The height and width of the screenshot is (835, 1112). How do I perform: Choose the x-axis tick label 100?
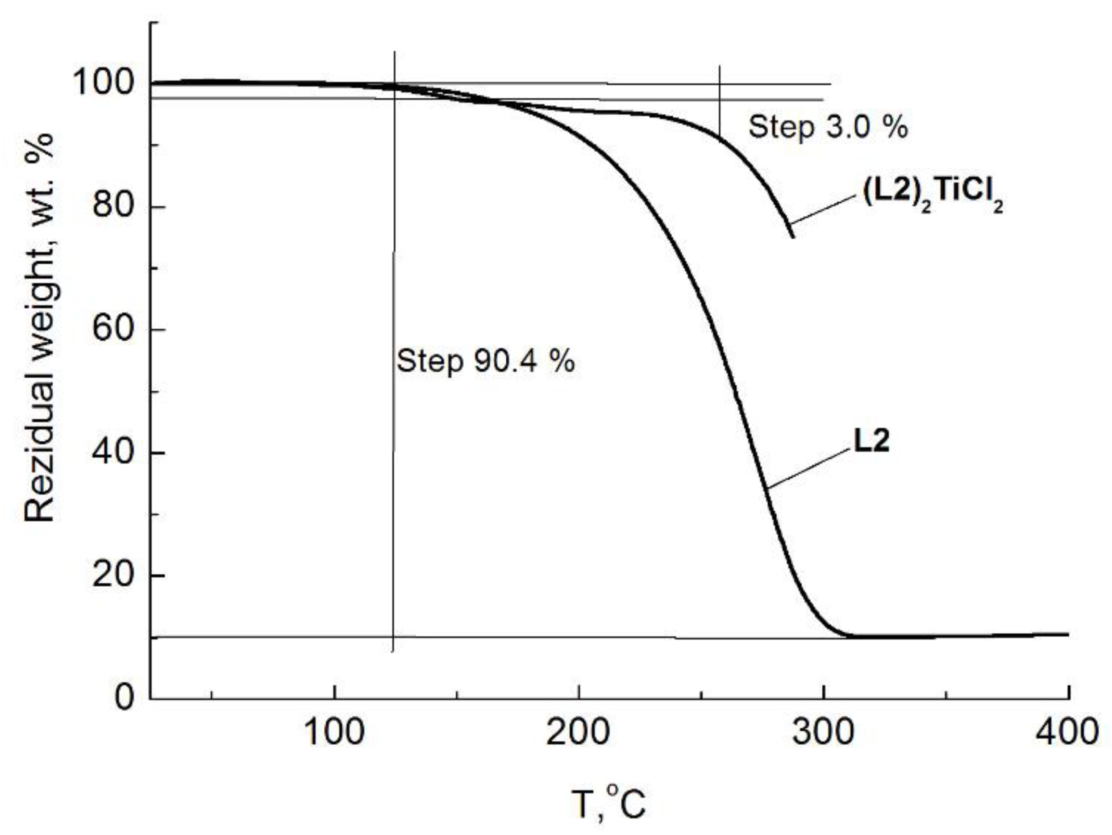pos(334,733)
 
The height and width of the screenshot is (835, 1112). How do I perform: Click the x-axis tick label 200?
pos(578,733)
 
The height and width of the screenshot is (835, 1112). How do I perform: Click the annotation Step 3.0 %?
pos(828,127)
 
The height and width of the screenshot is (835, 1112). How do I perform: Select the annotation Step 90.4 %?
pos(486,361)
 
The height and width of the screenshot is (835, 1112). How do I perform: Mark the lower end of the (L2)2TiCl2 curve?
pos(793,237)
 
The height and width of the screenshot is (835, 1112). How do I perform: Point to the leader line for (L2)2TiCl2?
pos(822,209)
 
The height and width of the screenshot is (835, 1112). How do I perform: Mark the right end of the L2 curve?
pos(1068,635)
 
